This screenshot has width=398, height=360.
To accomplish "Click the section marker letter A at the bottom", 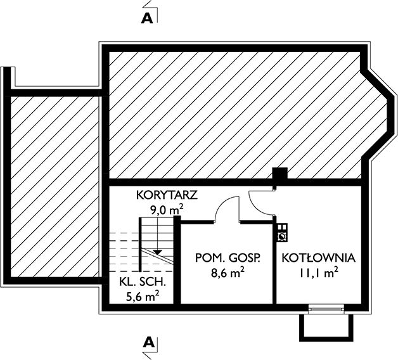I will pyautogui.click(x=148, y=343).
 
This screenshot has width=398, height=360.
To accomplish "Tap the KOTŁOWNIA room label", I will pyautogui.click(x=318, y=258).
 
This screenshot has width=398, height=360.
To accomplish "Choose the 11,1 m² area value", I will pyautogui.click(x=318, y=273).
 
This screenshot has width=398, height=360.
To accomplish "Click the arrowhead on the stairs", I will pyautogui.click(x=157, y=252).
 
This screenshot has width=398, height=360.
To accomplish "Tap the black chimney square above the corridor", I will pyautogui.click(x=279, y=177).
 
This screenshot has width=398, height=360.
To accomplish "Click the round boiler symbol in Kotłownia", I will pyautogui.click(x=281, y=236).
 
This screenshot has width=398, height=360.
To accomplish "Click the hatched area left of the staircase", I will pyautogui.click(x=54, y=184).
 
